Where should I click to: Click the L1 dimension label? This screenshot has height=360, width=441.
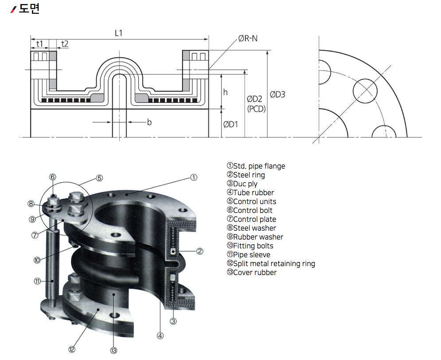coord(119,33)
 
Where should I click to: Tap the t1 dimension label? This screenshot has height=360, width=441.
coord(39,43)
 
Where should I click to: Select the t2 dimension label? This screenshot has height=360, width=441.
coord(65,43)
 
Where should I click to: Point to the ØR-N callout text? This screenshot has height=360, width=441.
coord(248,38)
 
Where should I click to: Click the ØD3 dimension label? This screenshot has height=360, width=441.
coord(277,94)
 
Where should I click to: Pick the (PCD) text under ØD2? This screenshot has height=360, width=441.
coord(257,109)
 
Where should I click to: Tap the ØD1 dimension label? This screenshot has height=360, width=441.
coord(230,124)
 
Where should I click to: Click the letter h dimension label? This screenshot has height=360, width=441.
coord(225,92)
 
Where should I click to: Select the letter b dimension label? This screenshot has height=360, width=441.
coord(149,122)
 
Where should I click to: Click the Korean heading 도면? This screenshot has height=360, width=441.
coord(29,8)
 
